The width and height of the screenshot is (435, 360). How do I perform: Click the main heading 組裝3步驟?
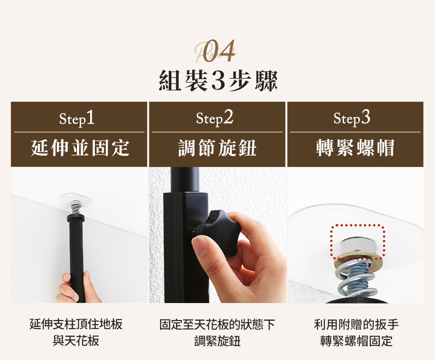(x=218, y=81)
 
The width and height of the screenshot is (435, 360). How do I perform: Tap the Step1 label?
(x=77, y=118)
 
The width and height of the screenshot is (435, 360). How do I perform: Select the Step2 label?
(x=214, y=118)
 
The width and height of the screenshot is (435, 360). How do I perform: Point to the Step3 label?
(x=352, y=118)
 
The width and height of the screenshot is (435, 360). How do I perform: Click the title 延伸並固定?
(x=80, y=148)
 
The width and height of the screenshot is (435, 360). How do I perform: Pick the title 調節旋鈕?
(x=217, y=148)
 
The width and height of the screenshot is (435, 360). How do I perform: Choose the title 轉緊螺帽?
(x=355, y=148)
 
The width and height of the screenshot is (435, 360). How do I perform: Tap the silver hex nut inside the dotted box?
(x=357, y=245)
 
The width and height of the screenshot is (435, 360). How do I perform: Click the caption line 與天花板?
(x=76, y=341)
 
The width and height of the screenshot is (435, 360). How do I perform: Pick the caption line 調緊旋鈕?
(x=217, y=341)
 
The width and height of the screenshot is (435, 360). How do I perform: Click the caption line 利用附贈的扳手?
(x=356, y=324)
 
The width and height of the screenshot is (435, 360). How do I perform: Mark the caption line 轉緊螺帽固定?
(x=356, y=341)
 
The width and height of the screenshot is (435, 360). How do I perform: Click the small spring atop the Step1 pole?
(x=75, y=209)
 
